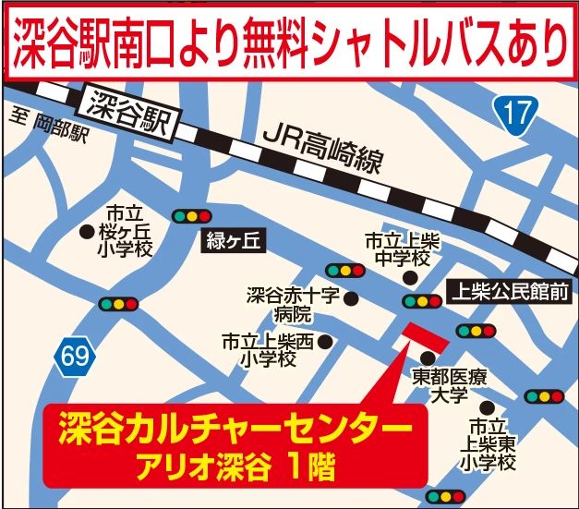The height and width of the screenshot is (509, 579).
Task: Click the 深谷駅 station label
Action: click(x=128, y=110)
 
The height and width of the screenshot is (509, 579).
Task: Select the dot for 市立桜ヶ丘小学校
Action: click(x=87, y=232)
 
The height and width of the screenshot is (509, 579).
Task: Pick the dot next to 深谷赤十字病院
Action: click(x=350, y=296)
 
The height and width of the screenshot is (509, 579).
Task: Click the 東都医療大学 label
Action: click(x=449, y=386)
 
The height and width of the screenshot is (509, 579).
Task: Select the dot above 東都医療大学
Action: click(x=426, y=358)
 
